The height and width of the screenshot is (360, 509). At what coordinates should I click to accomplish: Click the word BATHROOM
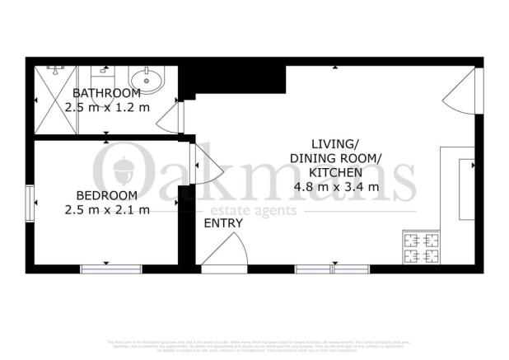tap(106, 93)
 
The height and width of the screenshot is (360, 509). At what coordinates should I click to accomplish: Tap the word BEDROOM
tap(106, 195)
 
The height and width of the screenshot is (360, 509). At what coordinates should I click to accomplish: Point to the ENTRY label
tap(223, 223)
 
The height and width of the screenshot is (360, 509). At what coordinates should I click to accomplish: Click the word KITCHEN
tap(335, 172)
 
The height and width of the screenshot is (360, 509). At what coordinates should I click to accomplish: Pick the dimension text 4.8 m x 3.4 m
tap(336, 186)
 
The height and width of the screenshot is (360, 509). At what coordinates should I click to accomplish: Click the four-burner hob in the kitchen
tap(420, 248)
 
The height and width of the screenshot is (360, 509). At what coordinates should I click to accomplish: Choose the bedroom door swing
tap(205, 164)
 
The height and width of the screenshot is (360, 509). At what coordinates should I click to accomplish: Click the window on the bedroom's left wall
tap(30, 203)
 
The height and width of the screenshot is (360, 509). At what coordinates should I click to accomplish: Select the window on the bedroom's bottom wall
tap(110, 269)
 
